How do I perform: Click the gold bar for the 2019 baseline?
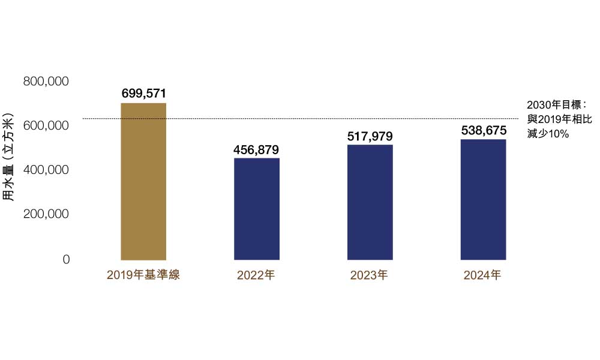click(143, 181)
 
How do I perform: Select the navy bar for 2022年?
click(256, 209)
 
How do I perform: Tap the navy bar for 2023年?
click(370, 202)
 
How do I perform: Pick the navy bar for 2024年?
click(484, 200)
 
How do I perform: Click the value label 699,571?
click(143, 93)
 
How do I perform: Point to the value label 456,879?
click(256, 149)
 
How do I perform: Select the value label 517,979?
click(370, 136)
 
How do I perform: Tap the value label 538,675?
click(484, 130)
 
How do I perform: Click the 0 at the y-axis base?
click(66, 259)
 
